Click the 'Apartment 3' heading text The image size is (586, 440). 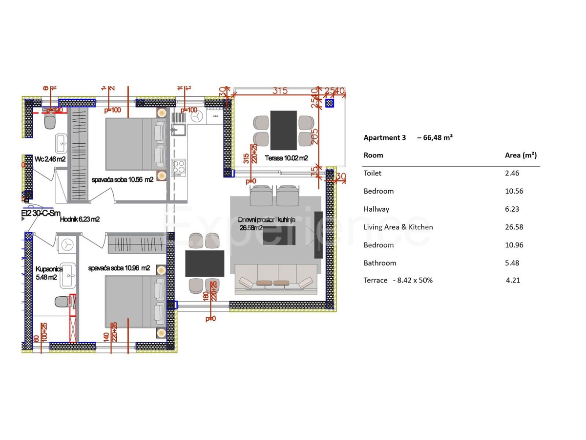point(384,137)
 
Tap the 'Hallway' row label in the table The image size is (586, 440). point(377,209)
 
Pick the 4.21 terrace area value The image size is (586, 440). point(513,281)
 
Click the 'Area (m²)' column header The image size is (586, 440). point(521,155)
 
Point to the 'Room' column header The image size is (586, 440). point(373,155)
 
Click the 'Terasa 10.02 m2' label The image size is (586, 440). point(286,158)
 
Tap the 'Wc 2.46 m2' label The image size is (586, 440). point(50,159)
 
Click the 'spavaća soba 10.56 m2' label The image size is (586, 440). point(123,179)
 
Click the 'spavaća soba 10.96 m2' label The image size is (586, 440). point(119,268)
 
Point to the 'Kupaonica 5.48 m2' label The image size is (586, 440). point(47,273)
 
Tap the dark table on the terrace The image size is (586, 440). point(283,130)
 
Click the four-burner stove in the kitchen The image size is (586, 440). point(178,167)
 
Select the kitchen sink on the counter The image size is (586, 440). point(178,130)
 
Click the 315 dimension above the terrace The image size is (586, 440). point(279,91)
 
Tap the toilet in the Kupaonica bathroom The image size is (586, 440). point(62,302)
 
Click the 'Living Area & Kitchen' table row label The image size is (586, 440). point(398,227)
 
